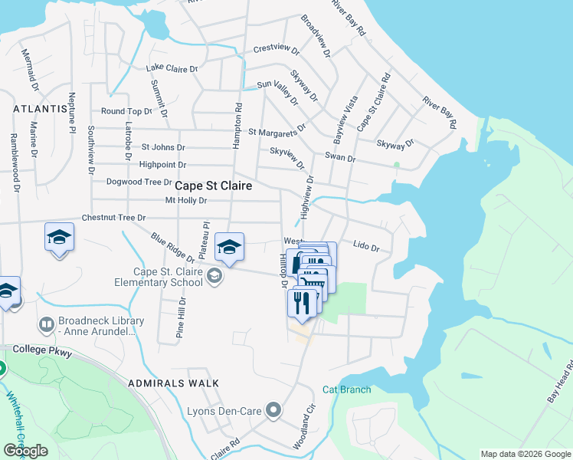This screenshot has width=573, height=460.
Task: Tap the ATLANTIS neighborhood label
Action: (x=40, y=110)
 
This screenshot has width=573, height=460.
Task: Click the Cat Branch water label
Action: (x=345, y=389)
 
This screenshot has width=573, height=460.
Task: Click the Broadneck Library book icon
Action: (x=47, y=326)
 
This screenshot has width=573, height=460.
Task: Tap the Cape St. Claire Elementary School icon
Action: (x=214, y=276)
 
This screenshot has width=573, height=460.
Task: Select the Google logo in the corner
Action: (x=26, y=451)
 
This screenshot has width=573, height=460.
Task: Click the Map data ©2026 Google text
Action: (x=526, y=454)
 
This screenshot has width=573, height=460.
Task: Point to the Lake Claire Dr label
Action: (x=172, y=68)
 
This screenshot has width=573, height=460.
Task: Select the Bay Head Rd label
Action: (x=558, y=383)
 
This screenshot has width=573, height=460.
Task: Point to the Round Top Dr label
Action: (x=127, y=111)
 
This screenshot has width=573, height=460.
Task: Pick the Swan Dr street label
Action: (x=340, y=158)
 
